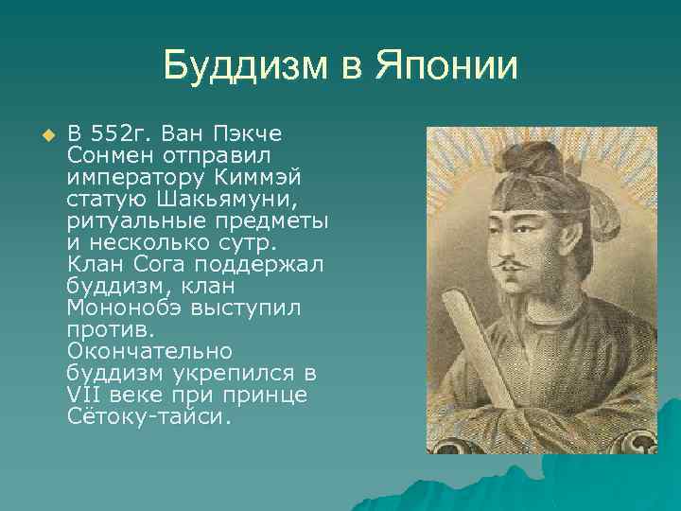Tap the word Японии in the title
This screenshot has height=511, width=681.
click(x=447, y=66)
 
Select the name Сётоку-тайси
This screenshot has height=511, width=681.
click(x=148, y=416)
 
